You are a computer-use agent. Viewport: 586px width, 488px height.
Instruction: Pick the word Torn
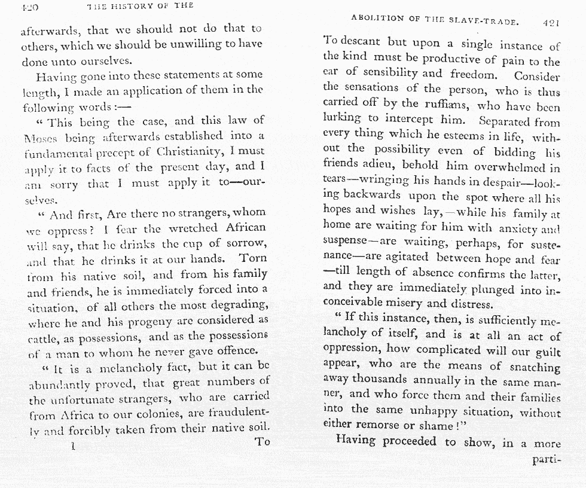click(x=253, y=259)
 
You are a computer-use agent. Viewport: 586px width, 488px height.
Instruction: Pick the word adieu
click(x=381, y=163)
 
